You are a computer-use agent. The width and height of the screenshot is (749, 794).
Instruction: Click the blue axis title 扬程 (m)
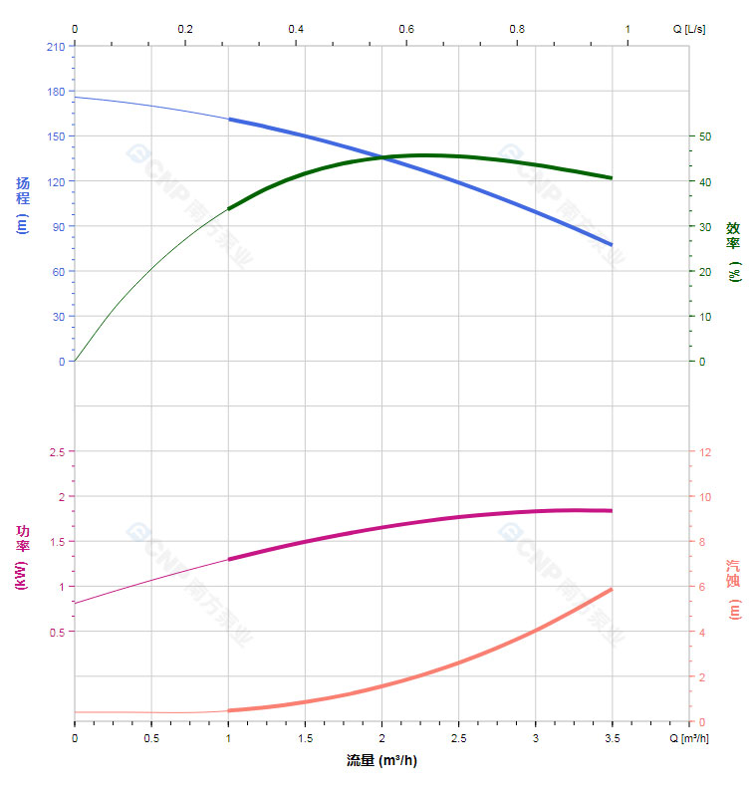pyautogui.click(x=23, y=204)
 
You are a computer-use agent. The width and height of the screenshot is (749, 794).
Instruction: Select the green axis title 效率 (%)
pyautogui.click(x=733, y=250)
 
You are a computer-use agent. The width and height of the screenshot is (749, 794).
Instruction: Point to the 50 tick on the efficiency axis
pyautogui.click(x=704, y=136)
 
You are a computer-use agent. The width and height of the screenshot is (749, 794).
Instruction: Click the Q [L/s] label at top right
pyautogui.click(x=689, y=29)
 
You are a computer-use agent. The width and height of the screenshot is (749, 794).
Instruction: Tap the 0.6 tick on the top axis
pyautogui.click(x=406, y=29)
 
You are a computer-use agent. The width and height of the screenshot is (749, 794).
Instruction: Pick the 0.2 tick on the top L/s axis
pyautogui.click(x=185, y=29)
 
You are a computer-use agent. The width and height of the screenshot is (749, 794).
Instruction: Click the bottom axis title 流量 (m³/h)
pyautogui.click(x=381, y=761)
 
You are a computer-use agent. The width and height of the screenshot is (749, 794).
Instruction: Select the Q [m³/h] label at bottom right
pyautogui.click(x=689, y=738)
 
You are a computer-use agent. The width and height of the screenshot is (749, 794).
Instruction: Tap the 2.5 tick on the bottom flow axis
pyautogui.click(x=458, y=738)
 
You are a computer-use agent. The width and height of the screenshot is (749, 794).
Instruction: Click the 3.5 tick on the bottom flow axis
pyautogui.click(x=612, y=738)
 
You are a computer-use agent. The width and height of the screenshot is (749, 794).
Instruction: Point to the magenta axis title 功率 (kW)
pyautogui.click(x=23, y=558)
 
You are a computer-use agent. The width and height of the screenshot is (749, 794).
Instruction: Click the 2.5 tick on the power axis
pyautogui.click(x=56, y=452)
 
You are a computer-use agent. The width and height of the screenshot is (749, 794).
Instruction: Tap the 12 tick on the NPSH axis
pyautogui.click(x=705, y=452)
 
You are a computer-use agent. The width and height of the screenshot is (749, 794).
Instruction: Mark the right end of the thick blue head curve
pyautogui.click(x=612, y=244)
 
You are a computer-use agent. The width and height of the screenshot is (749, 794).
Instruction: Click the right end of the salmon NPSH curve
pyautogui.click(x=612, y=590)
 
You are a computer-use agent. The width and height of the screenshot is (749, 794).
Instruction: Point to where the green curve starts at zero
pyautogui.click(x=76, y=361)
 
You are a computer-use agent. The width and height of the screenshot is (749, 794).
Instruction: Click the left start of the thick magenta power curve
pyautogui.click(x=229, y=560)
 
